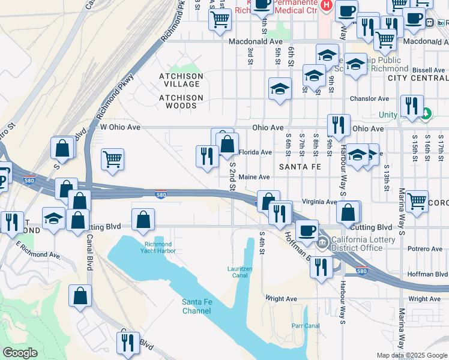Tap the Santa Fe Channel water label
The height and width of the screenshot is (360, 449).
point(197,306)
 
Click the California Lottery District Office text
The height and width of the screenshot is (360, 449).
point(357,244)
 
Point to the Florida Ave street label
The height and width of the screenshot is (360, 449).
point(256,152)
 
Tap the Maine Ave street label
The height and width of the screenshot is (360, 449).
point(254,177)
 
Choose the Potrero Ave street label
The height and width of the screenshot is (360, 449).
point(424,249)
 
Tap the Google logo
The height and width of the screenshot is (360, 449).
point(20,353)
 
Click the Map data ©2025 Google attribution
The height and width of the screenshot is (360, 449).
point(412,355)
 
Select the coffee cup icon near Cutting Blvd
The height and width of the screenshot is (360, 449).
point(307,230)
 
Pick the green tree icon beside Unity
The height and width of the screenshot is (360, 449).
point(426,113)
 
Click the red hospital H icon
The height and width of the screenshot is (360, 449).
point(326,5)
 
